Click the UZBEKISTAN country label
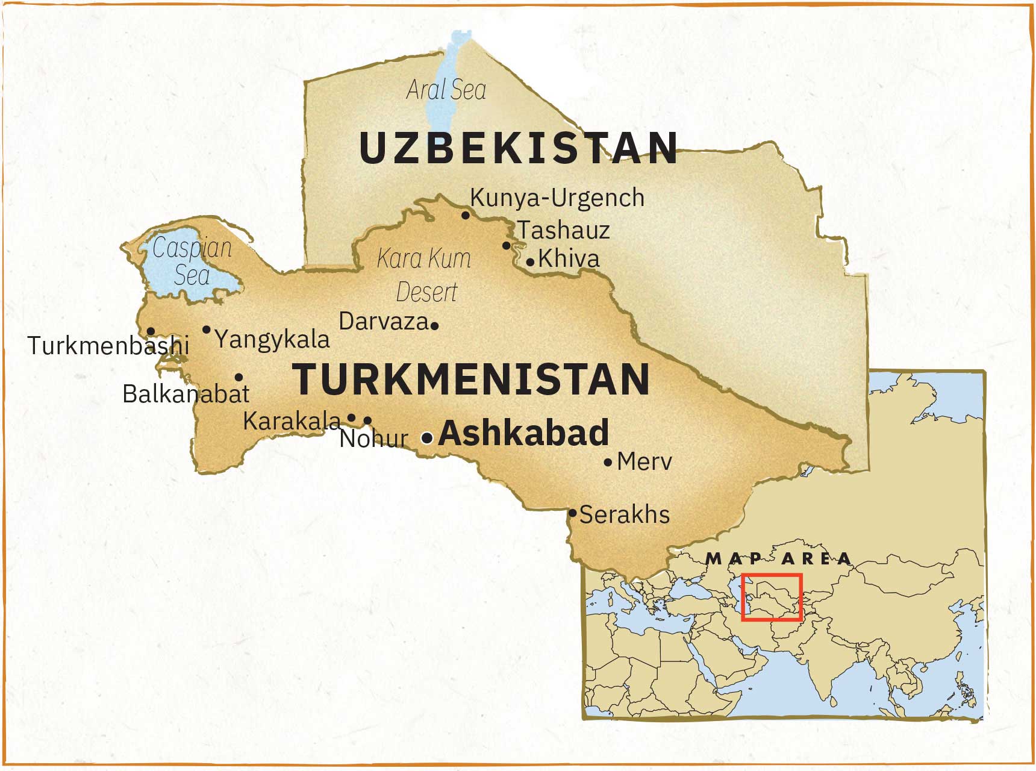[x=519, y=148]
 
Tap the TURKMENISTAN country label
[x=471, y=379]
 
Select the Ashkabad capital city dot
[x=426, y=438]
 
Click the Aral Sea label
[x=446, y=90]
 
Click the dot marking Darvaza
[x=435, y=326]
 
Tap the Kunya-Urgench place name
[x=557, y=198]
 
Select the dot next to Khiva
[x=530, y=262]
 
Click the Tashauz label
[x=563, y=230]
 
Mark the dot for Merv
[x=608, y=463]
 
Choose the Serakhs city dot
[x=572, y=513]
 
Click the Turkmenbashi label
[x=108, y=346]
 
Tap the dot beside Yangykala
[x=207, y=329]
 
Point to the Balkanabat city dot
[x=239, y=378]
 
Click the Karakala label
[x=292, y=421]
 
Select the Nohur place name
[x=373, y=439]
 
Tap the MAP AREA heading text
[x=778, y=559]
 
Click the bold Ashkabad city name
[x=523, y=433]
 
